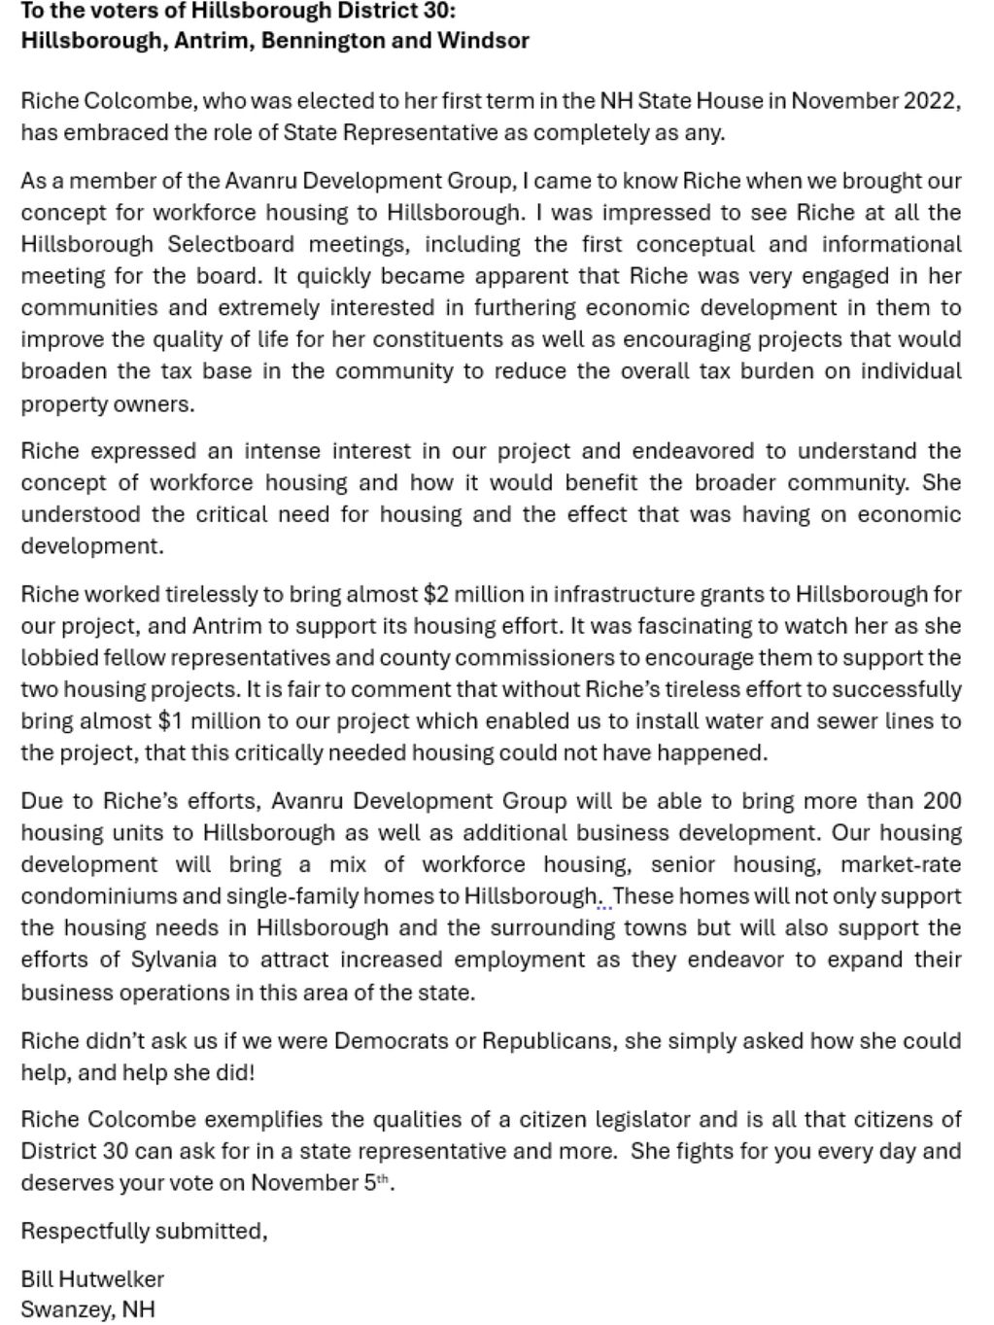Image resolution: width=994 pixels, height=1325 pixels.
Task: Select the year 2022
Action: pyautogui.click(x=932, y=101)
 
